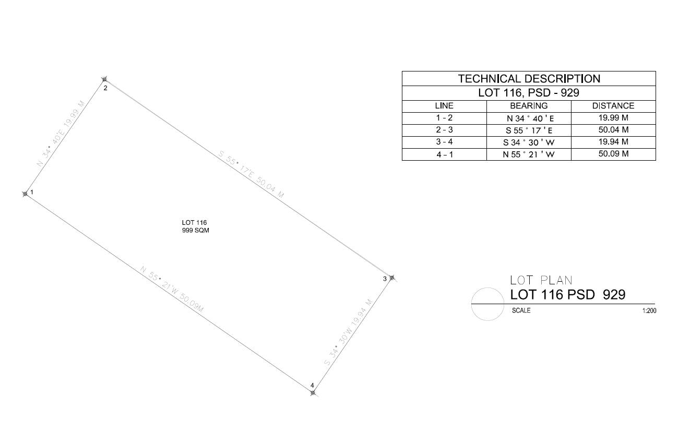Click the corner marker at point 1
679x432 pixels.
click(25, 194)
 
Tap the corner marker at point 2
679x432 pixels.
click(104, 79)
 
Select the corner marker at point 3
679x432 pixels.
click(392, 278)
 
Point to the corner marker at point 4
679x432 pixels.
click(313, 393)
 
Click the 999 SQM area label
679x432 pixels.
click(196, 230)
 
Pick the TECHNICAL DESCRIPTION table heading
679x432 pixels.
click(529, 79)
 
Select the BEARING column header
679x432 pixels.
click(529, 106)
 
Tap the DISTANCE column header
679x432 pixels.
click(613, 106)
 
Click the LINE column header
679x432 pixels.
click(444, 106)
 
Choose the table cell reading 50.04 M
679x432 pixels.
click(614, 130)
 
